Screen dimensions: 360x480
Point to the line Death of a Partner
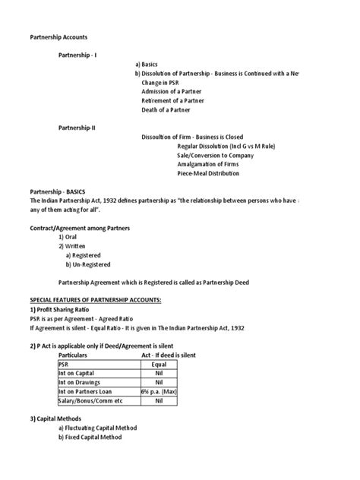pyautogui.click(x=167, y=110)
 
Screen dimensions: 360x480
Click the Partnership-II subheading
pyautogui.click(x=77, y=128)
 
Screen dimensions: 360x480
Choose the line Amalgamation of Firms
pyautogui.click(x=207, y=164)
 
